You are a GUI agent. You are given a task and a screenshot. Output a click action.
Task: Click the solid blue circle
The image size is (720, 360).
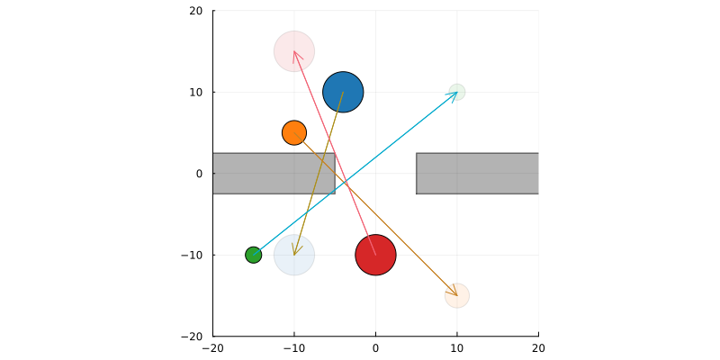[x=343, y=92]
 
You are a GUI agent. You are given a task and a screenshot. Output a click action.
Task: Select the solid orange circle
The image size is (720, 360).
[x=294, y=133]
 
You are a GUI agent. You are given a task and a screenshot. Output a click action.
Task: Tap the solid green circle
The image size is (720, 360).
[x=254, y=255]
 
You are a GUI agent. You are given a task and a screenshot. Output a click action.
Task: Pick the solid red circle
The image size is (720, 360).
[x=375, y=255]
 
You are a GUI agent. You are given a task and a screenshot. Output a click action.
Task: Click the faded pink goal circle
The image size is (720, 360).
[x=294, y=51]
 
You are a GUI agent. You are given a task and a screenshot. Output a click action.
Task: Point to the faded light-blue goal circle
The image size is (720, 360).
[x=294, y=255]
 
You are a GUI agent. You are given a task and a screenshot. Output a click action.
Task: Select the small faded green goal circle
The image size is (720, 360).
[x=457, y=92]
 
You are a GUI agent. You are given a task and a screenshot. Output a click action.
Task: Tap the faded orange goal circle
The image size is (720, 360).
[x=457, y=295]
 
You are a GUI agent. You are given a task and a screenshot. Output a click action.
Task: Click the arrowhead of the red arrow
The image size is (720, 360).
[x=294, y=52]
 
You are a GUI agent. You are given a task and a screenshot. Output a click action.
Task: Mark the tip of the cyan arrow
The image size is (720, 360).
[x=456, y=93]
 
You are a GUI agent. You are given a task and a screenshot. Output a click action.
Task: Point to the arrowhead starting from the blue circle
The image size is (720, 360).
[x=295, y=254]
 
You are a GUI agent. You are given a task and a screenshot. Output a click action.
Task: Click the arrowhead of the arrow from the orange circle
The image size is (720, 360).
[x=456, y=294]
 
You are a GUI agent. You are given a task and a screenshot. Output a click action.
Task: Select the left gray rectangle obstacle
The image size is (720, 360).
[x=274, y=174]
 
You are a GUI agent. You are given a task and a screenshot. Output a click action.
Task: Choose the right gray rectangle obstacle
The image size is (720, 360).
[x=477, y=174]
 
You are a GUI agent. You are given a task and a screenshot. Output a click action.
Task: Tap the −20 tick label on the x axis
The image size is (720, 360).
[x=212, y=346]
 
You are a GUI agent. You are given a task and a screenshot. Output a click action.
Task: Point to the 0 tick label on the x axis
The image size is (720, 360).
[x=375, y=346]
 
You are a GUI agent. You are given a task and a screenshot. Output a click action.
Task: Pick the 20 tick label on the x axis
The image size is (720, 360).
[x=538, y=346]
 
